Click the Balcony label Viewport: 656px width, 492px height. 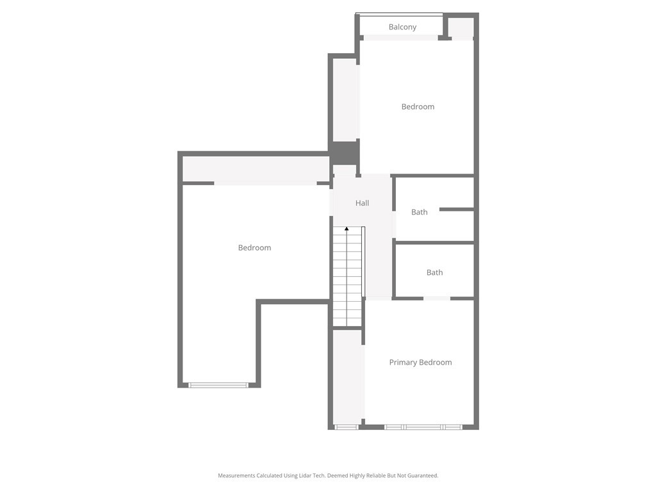(402, 27)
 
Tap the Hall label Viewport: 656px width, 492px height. (362, 203)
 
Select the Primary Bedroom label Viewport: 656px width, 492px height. (420, 363)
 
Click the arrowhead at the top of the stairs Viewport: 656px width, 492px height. (347, 229)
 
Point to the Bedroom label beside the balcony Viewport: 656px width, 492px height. (418, 107)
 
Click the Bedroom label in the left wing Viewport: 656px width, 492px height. (254, 248)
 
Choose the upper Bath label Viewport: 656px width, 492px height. (419, 212)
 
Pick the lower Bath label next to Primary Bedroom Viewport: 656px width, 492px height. (434, 272)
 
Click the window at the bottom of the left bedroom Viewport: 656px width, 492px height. (218, 385)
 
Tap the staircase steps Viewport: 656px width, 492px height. (347, 277)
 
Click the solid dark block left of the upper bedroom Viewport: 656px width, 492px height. (344, 152)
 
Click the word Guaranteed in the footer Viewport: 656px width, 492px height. (423, 476)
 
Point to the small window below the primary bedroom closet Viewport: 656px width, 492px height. (347, 427)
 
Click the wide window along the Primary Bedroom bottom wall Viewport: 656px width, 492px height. (423, 427)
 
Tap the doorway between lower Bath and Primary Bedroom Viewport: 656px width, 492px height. (437, 299)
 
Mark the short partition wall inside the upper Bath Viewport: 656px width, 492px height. (456, 209)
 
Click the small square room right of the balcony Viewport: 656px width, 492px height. (461, 28)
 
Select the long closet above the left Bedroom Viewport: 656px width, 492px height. (256, 169)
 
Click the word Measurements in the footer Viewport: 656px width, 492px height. (236, 476)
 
